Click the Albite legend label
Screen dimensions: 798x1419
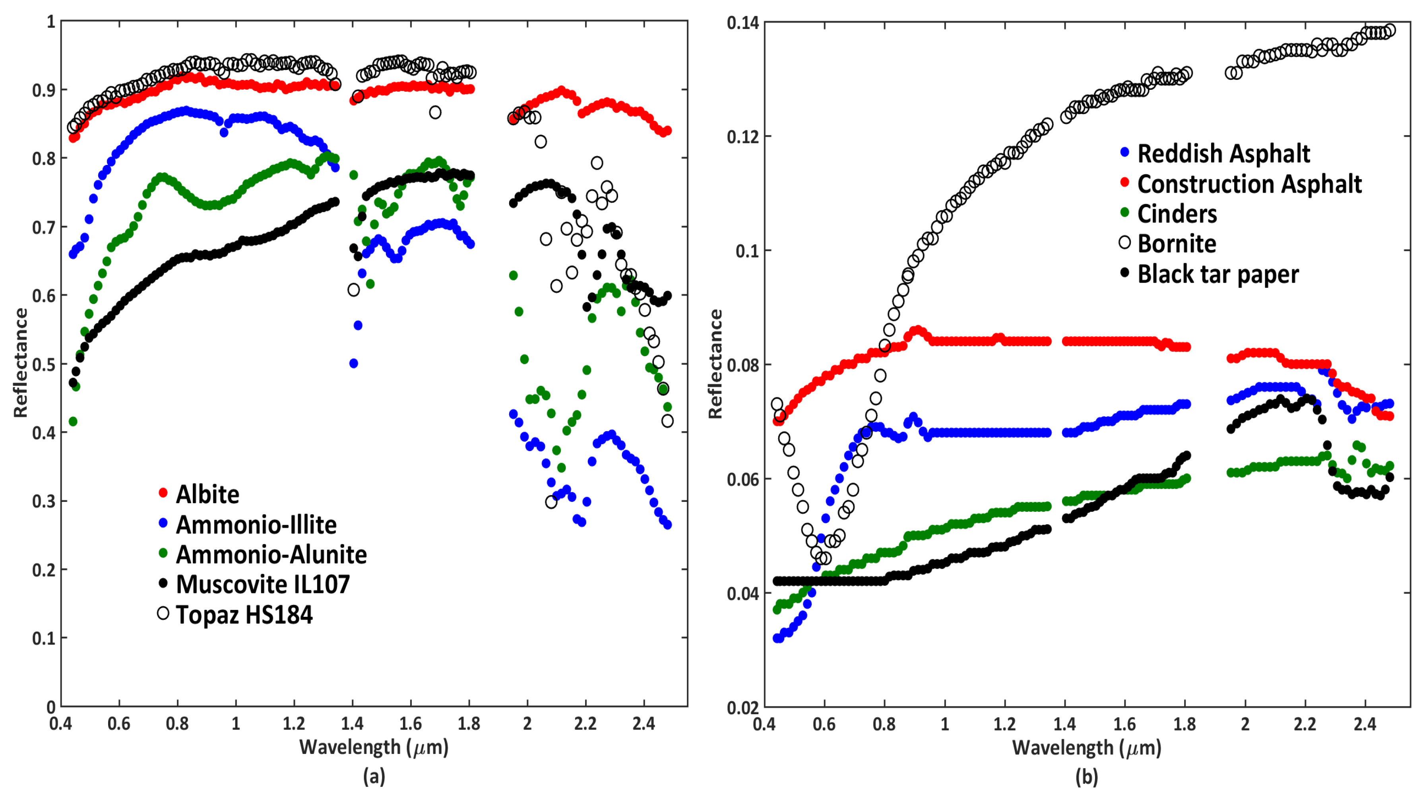coord(207,494)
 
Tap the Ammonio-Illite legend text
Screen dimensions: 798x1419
coord(256,524)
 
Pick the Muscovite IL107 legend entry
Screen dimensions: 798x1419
coord(263,584)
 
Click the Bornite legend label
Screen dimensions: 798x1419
coord(1177,244)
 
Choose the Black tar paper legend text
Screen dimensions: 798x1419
coord(1218,274)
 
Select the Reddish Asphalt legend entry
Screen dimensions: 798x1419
coord(1223,154)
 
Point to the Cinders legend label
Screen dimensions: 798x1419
coord(1177,214)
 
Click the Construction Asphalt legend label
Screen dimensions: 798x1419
coord(1249,184)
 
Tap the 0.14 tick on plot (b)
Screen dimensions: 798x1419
coord(742,23)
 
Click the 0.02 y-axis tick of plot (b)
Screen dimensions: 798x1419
coord(742,707)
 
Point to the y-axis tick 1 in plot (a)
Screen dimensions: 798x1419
coord(51,22)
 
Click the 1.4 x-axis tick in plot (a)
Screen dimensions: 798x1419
coord(353,724)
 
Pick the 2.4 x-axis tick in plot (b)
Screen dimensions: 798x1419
coord(1365,724)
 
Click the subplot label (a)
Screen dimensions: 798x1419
coord(374,777)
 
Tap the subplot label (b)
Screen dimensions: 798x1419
coord(1086,777)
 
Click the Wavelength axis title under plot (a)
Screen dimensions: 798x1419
coord(374,748)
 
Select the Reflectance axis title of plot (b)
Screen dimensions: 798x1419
coord(715,364)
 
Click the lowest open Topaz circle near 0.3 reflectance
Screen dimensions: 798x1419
coord(551,502)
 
